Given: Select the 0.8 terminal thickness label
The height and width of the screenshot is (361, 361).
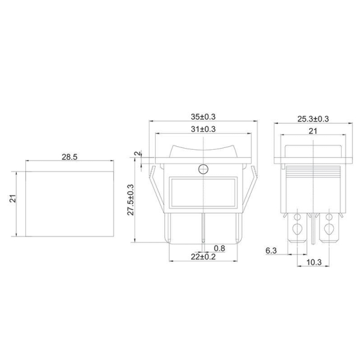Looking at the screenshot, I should tap(220, 248).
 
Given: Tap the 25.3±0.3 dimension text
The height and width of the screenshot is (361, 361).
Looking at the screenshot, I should tap(313, 119).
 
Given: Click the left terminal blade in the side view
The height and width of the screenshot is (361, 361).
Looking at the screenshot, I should tap(297, 229).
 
